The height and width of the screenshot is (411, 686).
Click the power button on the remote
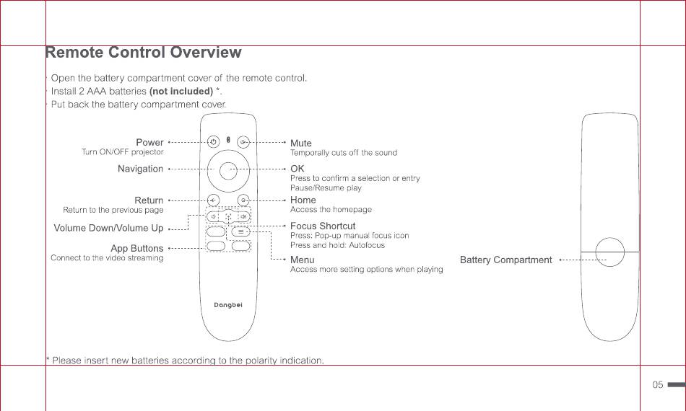coord(213,142)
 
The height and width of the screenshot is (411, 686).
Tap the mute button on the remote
coord(243,142)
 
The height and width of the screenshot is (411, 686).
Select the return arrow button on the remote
coord(213,200)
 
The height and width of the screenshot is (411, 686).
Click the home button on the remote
coord(243,200)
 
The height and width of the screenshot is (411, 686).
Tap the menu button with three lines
coord(240,231)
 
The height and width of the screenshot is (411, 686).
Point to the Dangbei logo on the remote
coord(228,305)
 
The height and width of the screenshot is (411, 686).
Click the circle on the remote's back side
coord(609,252)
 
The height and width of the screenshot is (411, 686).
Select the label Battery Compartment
coord(505,260)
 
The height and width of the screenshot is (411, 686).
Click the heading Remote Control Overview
coord(144,52)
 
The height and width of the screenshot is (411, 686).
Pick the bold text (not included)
coord(181,92)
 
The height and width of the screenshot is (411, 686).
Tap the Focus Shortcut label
coord(323,226)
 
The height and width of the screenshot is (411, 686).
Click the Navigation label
coord(140,169)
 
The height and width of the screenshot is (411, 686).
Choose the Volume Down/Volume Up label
coord(108,228)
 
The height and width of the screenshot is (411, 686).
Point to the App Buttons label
coord(137,248)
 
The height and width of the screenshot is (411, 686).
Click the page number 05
coord(658,385)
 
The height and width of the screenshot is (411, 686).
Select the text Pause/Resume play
coord(326,187)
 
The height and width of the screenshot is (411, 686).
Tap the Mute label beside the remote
coord(301,143)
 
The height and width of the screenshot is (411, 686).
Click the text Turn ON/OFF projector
coord(123,152)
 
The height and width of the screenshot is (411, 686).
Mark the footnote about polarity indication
coord(185,361)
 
